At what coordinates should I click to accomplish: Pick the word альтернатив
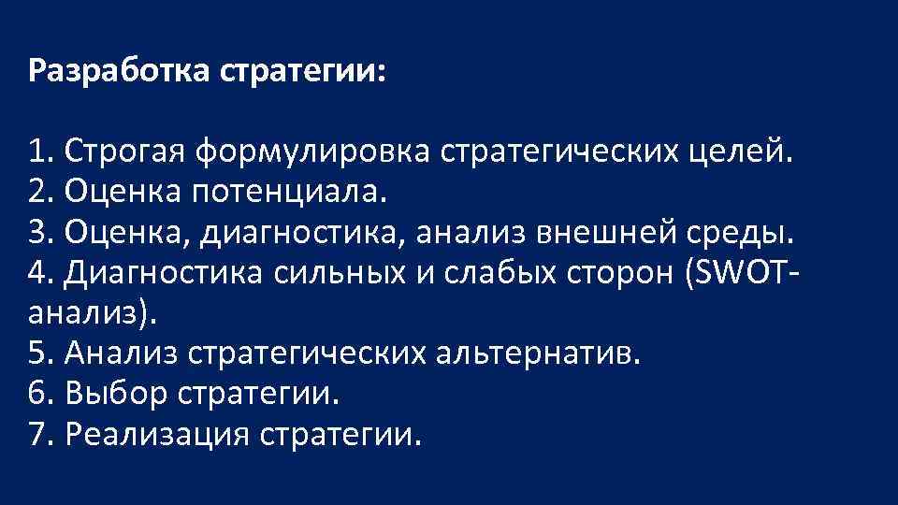542,353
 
